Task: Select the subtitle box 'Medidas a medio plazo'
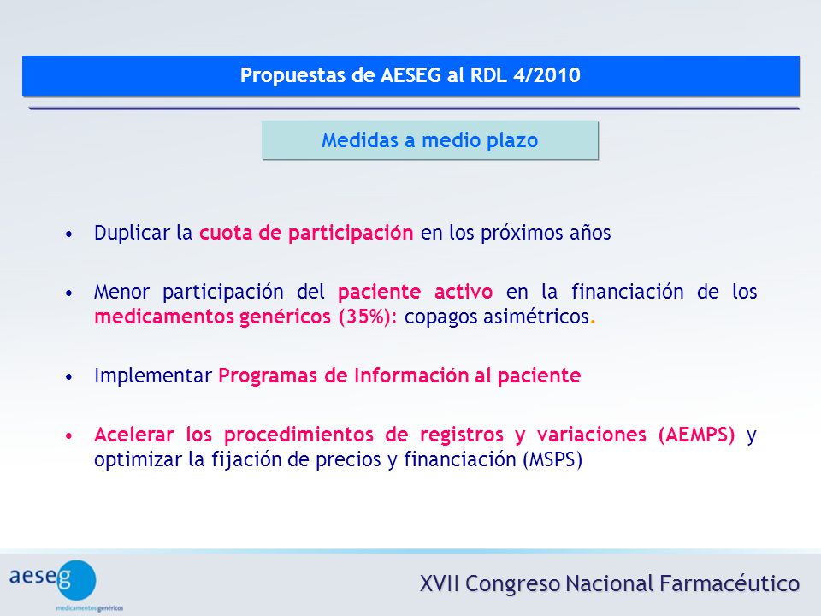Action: coord(429,139)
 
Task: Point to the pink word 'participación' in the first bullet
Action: coord(351,233)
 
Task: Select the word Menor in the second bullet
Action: coord(122,291)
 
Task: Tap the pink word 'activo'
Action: coord(464,291)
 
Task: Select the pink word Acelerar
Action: coord(134,435)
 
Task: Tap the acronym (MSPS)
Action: coord(552,459)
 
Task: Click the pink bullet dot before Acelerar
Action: coord(68,435)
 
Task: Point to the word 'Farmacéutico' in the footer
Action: coord(729,583)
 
